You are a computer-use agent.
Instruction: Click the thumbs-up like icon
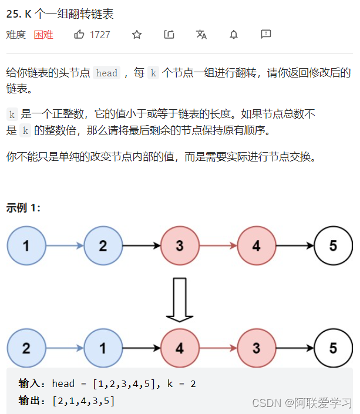click(x=79, y=35)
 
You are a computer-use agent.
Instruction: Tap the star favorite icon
click(x=137, y=35)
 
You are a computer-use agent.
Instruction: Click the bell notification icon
click(x=234, y=35)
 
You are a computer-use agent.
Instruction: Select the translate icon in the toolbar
click(x=201, y=35)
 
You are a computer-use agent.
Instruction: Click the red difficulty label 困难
click(x=43, y=35)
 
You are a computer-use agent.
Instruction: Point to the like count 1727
click(x=100, y=35)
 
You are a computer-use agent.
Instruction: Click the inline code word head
click(x=107, y=73)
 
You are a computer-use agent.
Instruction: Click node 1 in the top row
click(x=26, y=245)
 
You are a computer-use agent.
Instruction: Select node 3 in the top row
click(x=180, y=245)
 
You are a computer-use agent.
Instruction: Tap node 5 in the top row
click(x=333, y=245)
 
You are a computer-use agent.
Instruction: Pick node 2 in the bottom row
click(x=26, y=348)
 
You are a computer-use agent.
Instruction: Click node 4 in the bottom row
click(x=180, y=348)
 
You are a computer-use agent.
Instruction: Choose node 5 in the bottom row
click(x=333, y=348)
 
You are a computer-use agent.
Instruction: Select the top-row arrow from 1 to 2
click(x=65, y=245)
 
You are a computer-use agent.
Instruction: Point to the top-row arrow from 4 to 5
click(x=295, y=245)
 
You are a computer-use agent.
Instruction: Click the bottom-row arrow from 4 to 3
click(x=218, y=348)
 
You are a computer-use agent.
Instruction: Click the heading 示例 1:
click(x=23, y=208)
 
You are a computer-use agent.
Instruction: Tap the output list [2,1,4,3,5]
click(x=83, y=400)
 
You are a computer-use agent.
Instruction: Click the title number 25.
click(x=14, y=14)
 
